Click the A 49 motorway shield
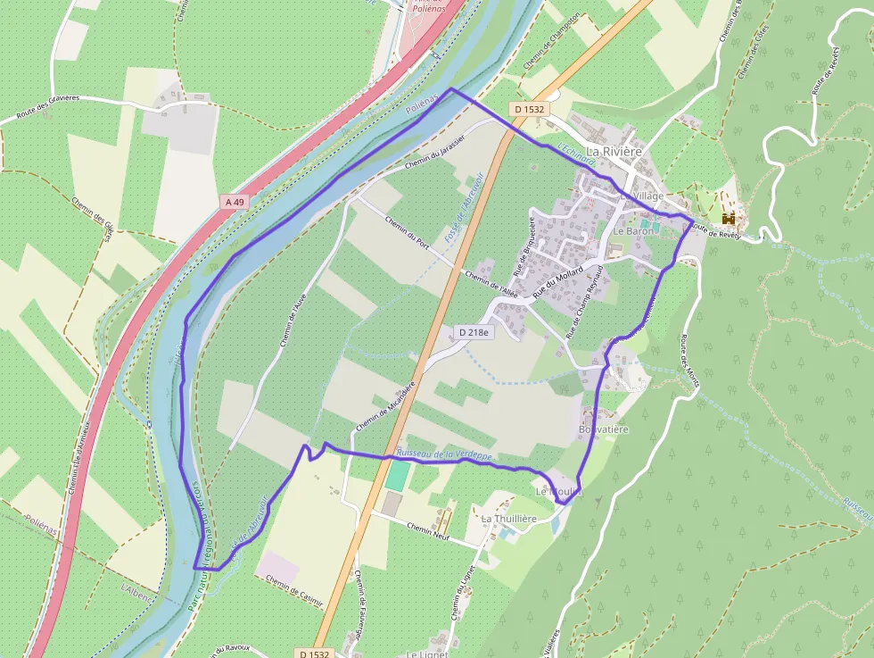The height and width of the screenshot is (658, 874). click(x=235, y=203)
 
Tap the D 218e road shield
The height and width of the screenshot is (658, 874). click(x=474, y=332)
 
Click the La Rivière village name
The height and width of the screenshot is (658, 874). click(x=614, y=151)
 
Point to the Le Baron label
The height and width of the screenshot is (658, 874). click(x=633, y=230)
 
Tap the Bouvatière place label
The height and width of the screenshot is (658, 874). click(x=604, y=429)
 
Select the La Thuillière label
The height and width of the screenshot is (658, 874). click(x=508, y=518)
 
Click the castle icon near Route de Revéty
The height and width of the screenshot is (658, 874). click(x=729, y=218)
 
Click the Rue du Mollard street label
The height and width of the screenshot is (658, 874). click(x=557, y=282)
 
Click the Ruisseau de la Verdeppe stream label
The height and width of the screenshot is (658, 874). click(x=444, y=455)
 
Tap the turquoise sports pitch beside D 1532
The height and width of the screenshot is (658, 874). click(x=398, y=475)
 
